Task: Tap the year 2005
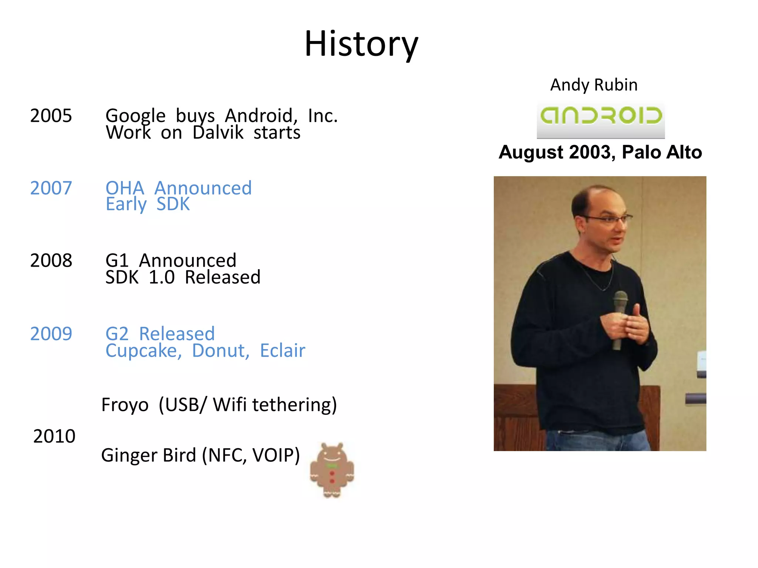51,116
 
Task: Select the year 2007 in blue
51,188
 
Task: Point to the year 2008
51,261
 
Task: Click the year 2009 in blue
51,334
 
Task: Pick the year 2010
54,436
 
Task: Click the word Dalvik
218,133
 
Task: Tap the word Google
135,116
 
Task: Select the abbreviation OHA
125,188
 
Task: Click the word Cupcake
144,351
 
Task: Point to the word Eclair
282,351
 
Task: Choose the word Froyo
125,405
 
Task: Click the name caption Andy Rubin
594,85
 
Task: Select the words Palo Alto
662,152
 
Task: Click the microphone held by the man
619,318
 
